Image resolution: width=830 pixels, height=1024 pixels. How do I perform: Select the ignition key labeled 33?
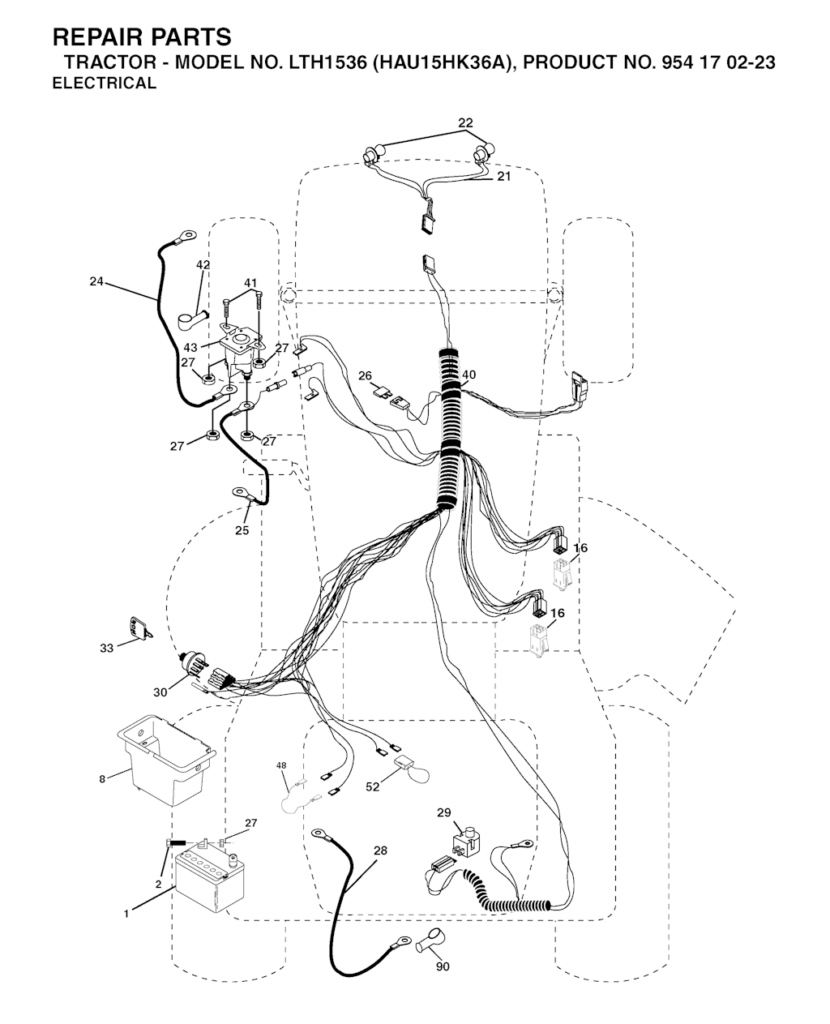pos(140,629)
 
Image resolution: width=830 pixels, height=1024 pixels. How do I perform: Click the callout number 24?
pos(96,281)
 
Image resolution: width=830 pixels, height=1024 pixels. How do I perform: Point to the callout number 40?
pos(468,375)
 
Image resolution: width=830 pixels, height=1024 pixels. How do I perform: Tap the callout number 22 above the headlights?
pos(465,123)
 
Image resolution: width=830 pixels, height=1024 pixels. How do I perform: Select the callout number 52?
pos(373,787)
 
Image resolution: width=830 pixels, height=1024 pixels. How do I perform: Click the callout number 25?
pos(242,530)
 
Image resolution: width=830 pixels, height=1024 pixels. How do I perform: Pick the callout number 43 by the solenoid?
pos(190,348)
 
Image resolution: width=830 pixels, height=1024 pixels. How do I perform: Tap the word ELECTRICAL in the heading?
pos(105,84)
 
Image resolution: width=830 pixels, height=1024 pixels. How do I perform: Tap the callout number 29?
pos(443,812)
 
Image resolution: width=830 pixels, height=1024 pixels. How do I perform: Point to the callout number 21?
pos(503,177)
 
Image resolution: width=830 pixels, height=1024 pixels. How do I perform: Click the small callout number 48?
pos(281,765)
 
